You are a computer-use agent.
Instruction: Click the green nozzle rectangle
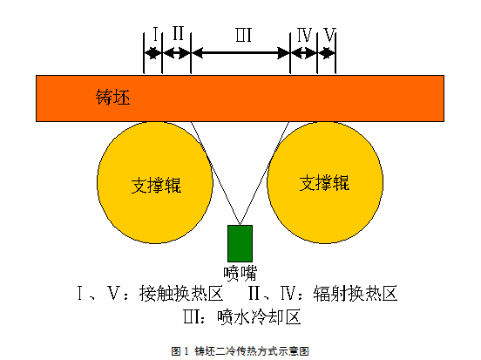click(240, 243)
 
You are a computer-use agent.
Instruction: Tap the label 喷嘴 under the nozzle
click(240, 273)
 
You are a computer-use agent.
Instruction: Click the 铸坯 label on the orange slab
click(113, 98)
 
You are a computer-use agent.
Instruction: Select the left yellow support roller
click(155, 182)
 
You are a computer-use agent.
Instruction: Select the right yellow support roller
click(325, 182)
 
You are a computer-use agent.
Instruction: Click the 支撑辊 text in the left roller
click(156, 185)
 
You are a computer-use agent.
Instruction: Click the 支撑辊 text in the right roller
click(324, 183)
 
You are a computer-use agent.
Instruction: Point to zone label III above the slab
click(244, 35)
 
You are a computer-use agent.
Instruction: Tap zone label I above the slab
click(155, 34)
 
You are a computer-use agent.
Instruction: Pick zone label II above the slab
click(178, 33)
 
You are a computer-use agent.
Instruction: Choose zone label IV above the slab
click(304, 35)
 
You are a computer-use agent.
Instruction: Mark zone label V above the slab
click(329, 34)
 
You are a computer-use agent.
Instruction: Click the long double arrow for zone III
click(240, 53)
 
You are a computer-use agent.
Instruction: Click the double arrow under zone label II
click(176, 53)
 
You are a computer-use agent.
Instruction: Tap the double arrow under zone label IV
click(304, 53)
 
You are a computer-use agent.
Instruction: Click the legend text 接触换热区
click(181, 294)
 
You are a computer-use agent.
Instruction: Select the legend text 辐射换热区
click(356, 294)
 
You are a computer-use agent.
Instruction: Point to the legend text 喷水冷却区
click(259, 317)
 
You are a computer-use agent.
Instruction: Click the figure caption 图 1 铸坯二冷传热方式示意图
click(240, 350)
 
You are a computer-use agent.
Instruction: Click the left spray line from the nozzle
click(215, 173)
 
